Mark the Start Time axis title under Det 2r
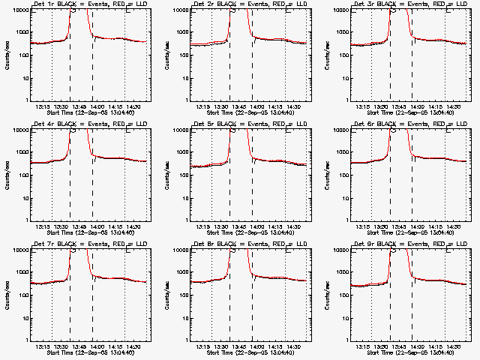click(x=247, y=113)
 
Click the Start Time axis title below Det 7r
click(x=87, y=353)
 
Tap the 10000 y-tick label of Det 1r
click(x=19, y=10)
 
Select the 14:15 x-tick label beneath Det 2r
click(x=274, y=106)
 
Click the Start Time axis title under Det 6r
click(x=408, y=233)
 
